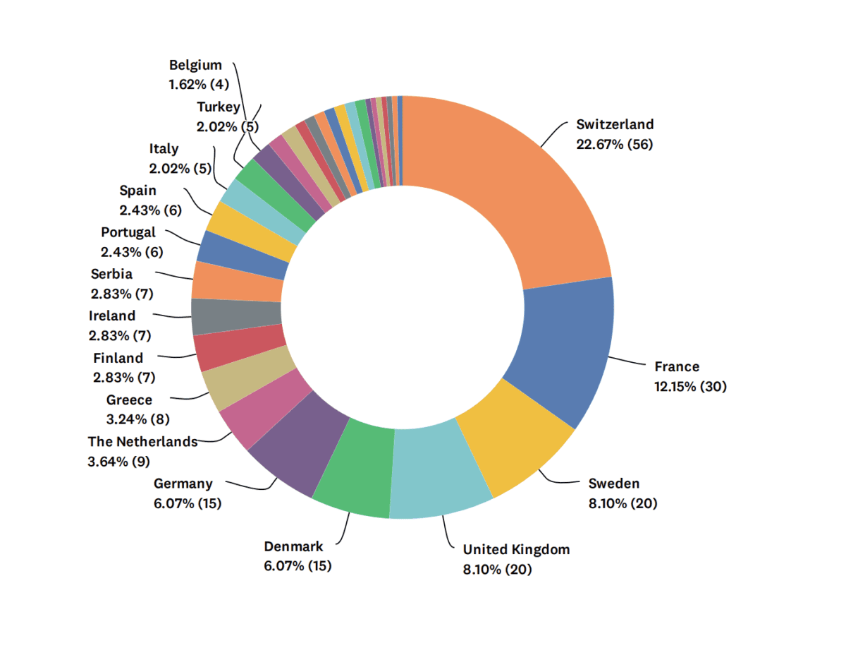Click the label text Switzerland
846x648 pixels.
(x=615, y=125)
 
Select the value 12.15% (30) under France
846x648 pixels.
(x=691, y=387)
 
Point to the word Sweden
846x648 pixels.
(x=614, y=484)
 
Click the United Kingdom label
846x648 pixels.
(x=516, y=549)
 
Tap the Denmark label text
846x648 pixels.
(x=293, y=546)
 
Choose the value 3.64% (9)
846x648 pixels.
(x=118, y=462)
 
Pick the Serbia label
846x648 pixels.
(x=111, y=274)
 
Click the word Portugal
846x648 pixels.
(x=128, y=232)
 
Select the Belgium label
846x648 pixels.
(x=195, y=66)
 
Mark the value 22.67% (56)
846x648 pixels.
(x=615, y=145)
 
